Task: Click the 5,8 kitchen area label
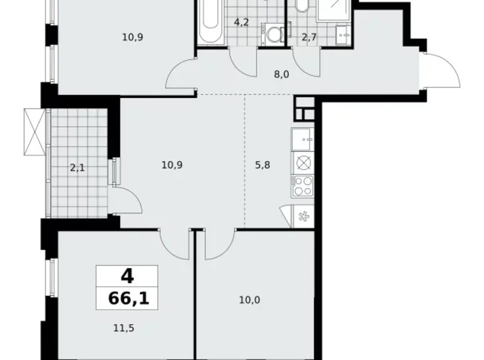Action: coord(263,166)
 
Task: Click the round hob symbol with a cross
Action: coord(303,163)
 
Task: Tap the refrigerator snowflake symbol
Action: coord(303,217)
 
